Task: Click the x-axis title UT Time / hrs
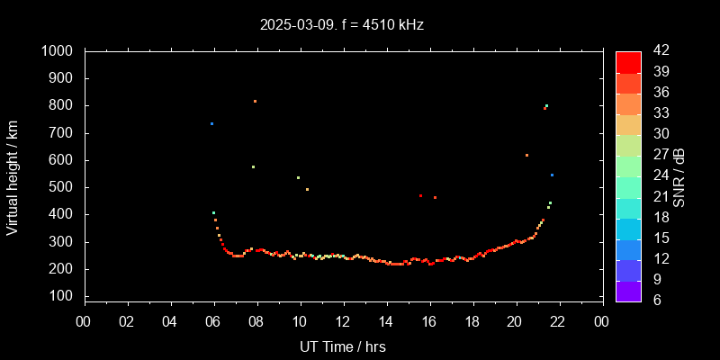343,346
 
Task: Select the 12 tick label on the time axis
343,321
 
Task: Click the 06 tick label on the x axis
213,321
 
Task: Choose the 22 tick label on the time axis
558,321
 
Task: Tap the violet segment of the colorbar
628,290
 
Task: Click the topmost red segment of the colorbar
628,61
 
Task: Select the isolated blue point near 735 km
211,123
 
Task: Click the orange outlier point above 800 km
255,101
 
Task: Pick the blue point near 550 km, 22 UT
552,175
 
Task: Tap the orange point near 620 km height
526,155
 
